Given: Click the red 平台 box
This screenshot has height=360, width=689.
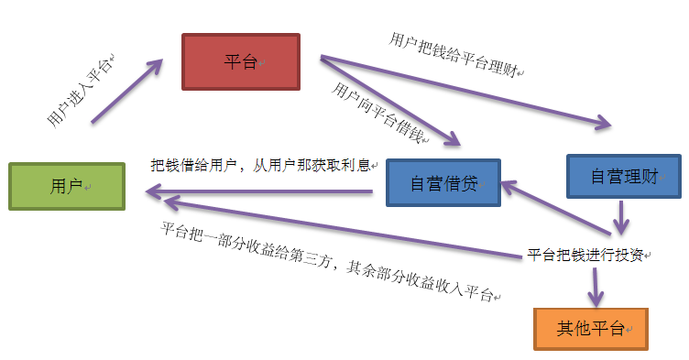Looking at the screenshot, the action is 241,61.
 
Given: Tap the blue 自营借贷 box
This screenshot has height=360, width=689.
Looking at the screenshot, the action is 443,183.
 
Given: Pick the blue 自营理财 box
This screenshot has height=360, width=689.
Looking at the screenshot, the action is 623,175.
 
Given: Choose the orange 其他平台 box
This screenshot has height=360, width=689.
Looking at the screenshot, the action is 590,328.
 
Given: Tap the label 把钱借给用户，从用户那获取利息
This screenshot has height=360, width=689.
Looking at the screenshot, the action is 261,166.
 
